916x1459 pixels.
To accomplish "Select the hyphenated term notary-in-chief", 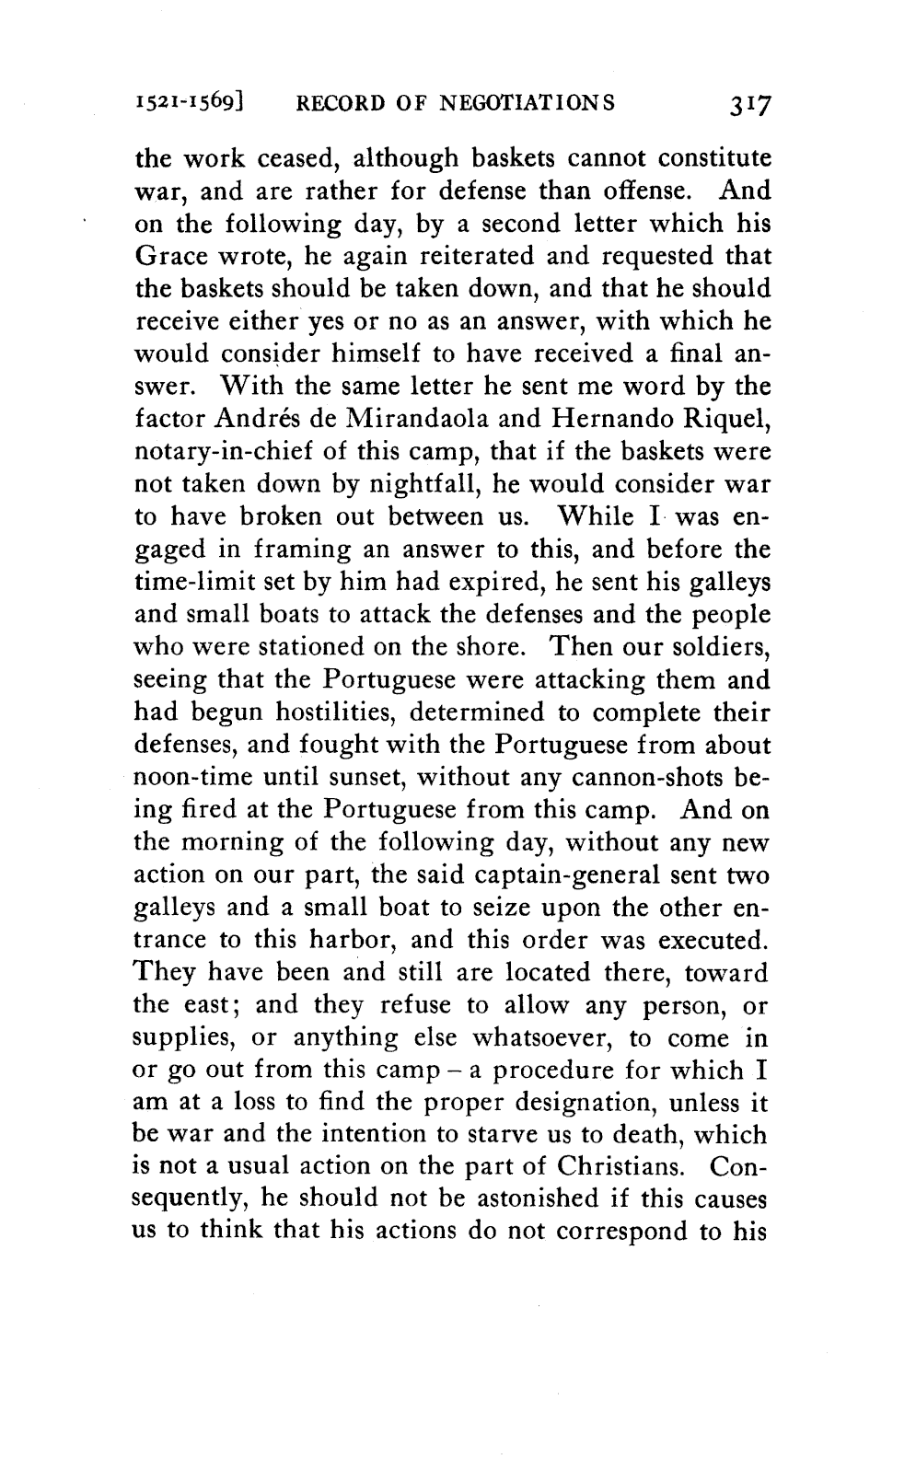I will coord(216,452).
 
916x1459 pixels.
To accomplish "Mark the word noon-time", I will coord(188,778).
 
